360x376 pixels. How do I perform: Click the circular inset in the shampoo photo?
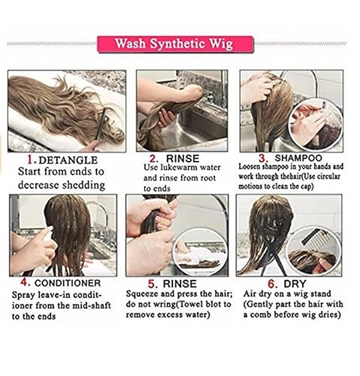[310, 124]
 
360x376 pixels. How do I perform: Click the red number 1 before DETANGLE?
[31, 160]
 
